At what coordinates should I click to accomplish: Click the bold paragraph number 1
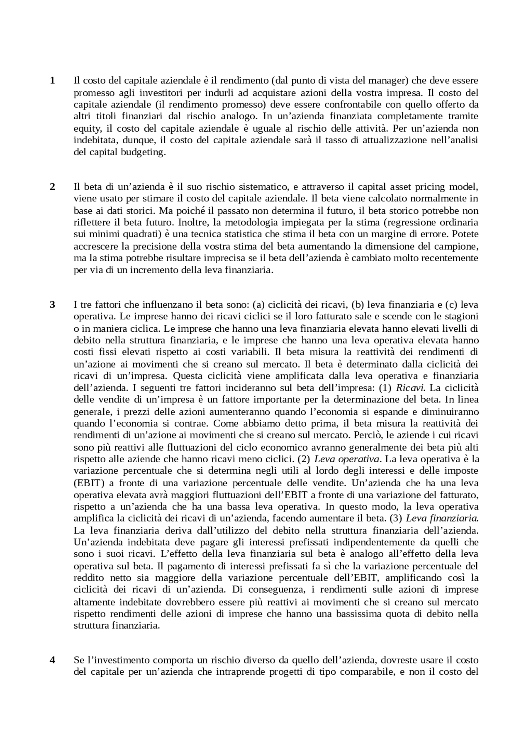pyautogui.click(x=52, y=81)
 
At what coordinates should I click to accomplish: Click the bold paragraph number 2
pyautogui.click(x=52, y=187)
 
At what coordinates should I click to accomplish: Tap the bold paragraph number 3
pyautogui.click(x=52, y=305)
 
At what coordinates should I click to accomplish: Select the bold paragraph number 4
pyautogui.click(x=52, y=660)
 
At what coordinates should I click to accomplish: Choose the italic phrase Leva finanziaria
pyautogui.click(x=442, y=518)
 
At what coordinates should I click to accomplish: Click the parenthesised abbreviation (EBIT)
pyautogui.click(x=87, y=483)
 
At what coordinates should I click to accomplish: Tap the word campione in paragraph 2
pyautogui.click(x=459, y=246)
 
